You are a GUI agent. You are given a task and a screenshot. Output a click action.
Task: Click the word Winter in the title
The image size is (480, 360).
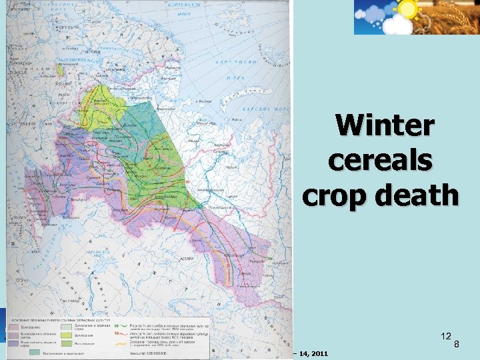tap(385, 126)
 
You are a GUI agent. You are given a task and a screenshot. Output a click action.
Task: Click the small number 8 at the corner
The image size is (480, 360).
tap(457, 345)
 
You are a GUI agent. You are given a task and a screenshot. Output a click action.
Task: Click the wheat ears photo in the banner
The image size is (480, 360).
tap(457, 17)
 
